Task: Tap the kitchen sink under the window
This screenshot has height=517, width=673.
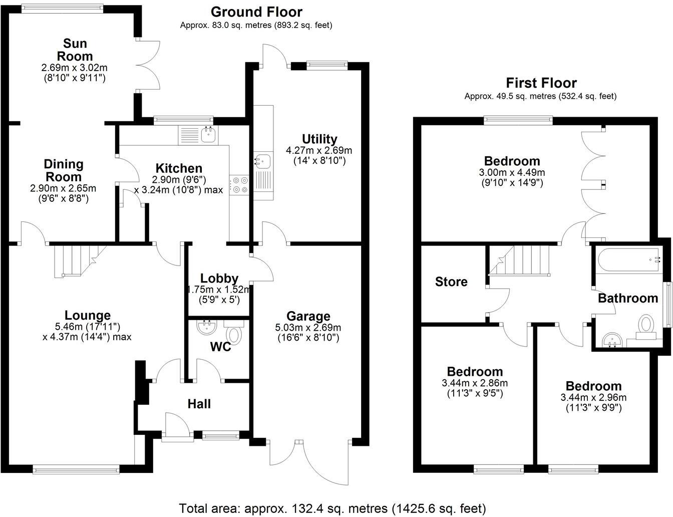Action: [208, 134]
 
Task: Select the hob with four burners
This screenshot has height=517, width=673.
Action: [239, 184]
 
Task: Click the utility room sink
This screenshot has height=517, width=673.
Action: [262, 160]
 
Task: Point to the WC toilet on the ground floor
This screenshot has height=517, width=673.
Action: [234, 334]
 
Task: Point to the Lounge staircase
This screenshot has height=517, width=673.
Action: [75, 260]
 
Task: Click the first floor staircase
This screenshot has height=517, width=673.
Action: [521, 260]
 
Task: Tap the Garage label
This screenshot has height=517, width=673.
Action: [308, 316]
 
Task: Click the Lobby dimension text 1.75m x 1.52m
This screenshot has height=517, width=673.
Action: [219, 290]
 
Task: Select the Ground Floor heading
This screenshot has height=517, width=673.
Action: [256, 12]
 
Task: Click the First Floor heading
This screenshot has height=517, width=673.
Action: [541, 83]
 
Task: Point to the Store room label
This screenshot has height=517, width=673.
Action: [451, 282]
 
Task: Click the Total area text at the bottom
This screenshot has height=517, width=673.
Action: [332, 508]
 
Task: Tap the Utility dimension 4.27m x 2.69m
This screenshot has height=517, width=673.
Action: [319, 150]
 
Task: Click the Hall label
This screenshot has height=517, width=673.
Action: [199, 404]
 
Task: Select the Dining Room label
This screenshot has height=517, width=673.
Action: [64, 170]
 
